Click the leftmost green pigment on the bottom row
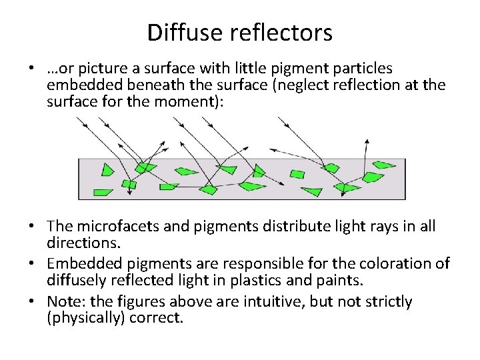pyautogui.click(x=103, y=192)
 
